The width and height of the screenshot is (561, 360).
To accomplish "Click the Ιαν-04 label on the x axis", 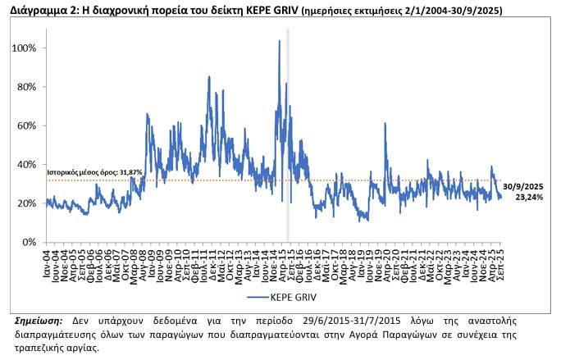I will (x=50, y=258).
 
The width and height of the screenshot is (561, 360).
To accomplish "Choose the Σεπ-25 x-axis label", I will (x=500, y=258).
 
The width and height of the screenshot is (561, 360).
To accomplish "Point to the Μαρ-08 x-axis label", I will (x=133, y=258).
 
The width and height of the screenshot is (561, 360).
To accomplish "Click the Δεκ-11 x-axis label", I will (x=212, y=258).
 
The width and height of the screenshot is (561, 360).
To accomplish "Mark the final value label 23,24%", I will (x=530, y=198).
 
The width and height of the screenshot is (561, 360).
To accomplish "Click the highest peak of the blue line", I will (x=280, y=41).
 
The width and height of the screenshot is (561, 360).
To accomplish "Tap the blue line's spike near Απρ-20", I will (x=385, y=124).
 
